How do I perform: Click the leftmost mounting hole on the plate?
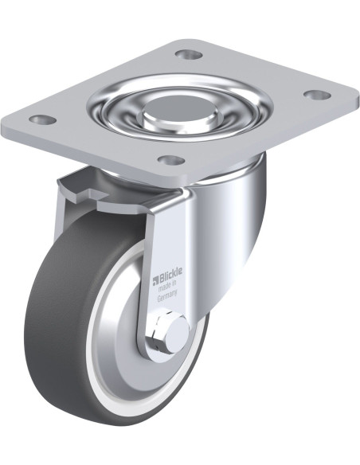[x=44, y=119]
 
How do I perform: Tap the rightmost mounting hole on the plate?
[x=317, y=95]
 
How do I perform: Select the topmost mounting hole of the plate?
[x=189, y=54]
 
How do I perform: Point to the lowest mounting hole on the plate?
[x=171, y=160]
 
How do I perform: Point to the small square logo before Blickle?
[x=156, y=280]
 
